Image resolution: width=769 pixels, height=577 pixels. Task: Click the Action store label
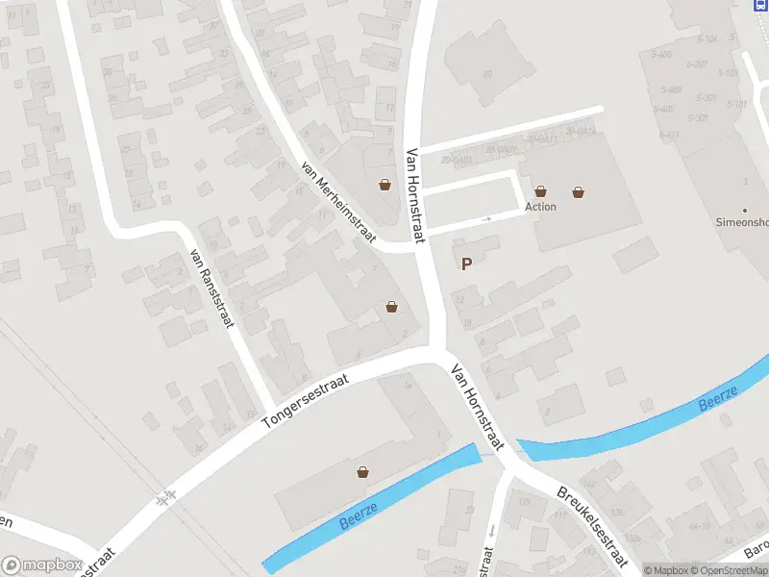(x=540, y=207)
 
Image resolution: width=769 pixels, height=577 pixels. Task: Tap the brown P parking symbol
(x=467, y=264)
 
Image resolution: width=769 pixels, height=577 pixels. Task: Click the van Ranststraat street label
(x=212, y=288)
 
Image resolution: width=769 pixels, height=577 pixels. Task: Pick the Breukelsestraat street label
(x=593, y=526)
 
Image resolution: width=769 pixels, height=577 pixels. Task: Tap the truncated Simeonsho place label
(x=743, y=222)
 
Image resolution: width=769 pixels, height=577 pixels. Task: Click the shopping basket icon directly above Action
(x=541, y=192)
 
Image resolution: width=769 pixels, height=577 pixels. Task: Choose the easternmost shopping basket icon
(x=578, y=192)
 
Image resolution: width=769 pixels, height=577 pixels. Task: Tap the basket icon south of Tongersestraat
(x=363, y=472)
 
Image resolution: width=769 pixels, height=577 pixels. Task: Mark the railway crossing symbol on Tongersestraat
(x=167, y=497)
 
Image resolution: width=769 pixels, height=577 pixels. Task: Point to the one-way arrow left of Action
(x=486, y=219)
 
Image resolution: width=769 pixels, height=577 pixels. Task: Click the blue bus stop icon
(x=760, y=5)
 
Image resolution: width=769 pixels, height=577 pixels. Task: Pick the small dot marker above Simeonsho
(x=744, y=210)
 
